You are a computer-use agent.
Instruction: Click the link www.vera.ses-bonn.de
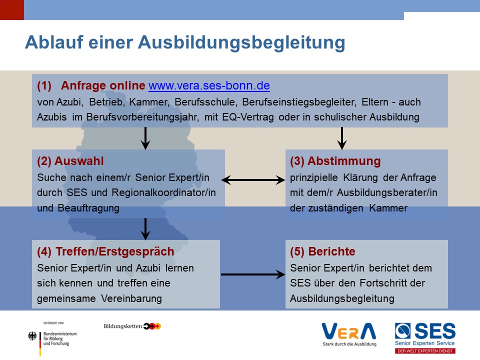(209, 85)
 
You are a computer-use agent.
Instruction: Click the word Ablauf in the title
(54, 42)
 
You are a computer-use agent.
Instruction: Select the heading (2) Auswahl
(70, 161)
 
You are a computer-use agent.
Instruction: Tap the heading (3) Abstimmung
(335, 161)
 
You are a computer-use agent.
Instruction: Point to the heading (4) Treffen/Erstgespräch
(105, 251)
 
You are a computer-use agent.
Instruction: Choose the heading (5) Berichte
(322, 251)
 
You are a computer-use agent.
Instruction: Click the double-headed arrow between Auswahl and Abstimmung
(253, 180)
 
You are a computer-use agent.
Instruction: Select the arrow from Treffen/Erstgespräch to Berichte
(253, 274)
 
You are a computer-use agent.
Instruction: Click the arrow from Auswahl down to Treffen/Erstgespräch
(145, 229)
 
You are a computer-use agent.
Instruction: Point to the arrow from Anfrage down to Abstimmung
(342, 138)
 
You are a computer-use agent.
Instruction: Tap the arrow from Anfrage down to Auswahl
(145, 138)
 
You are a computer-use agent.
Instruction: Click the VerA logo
(349, 334)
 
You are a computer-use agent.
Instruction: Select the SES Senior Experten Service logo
(425, 338)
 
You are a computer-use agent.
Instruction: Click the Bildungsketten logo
(132, 326)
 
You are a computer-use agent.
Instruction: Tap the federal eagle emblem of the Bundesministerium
(32, 336)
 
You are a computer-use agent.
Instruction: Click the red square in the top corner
(12, 10)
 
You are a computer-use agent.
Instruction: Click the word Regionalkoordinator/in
(164, 192)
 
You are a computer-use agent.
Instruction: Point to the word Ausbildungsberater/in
(387, 192)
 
